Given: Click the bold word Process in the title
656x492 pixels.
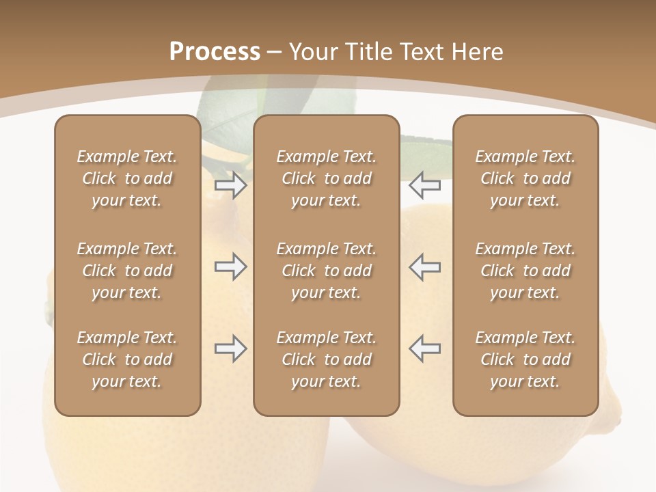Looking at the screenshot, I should tap(215, 52).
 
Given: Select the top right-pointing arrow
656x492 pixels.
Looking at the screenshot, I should tap(231, 185).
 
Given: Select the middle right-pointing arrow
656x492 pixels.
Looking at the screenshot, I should tap(231, 266).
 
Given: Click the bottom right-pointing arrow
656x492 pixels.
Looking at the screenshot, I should tap(231, 348).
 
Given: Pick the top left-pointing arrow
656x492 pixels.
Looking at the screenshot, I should tap(425, 185).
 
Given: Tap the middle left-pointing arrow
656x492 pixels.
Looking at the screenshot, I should tap(425, 266).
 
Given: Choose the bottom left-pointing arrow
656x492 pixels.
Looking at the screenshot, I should tap(425, 348).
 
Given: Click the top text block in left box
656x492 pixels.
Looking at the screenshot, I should tap(127, 178).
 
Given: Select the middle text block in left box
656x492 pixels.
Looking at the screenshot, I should tap(127, 271).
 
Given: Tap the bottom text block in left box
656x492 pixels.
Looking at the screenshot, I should tap(127, 359).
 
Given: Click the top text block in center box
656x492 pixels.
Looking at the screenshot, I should tap(326, 178).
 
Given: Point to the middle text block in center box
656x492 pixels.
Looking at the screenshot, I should tap(326, 271).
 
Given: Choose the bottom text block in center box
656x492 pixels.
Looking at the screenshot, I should tap(326, 359).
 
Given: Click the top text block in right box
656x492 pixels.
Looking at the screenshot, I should tap(525, 178).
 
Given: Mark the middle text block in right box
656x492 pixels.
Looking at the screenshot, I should tap(525, 271).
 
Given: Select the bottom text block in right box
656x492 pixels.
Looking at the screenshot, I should tap(525, 359).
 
